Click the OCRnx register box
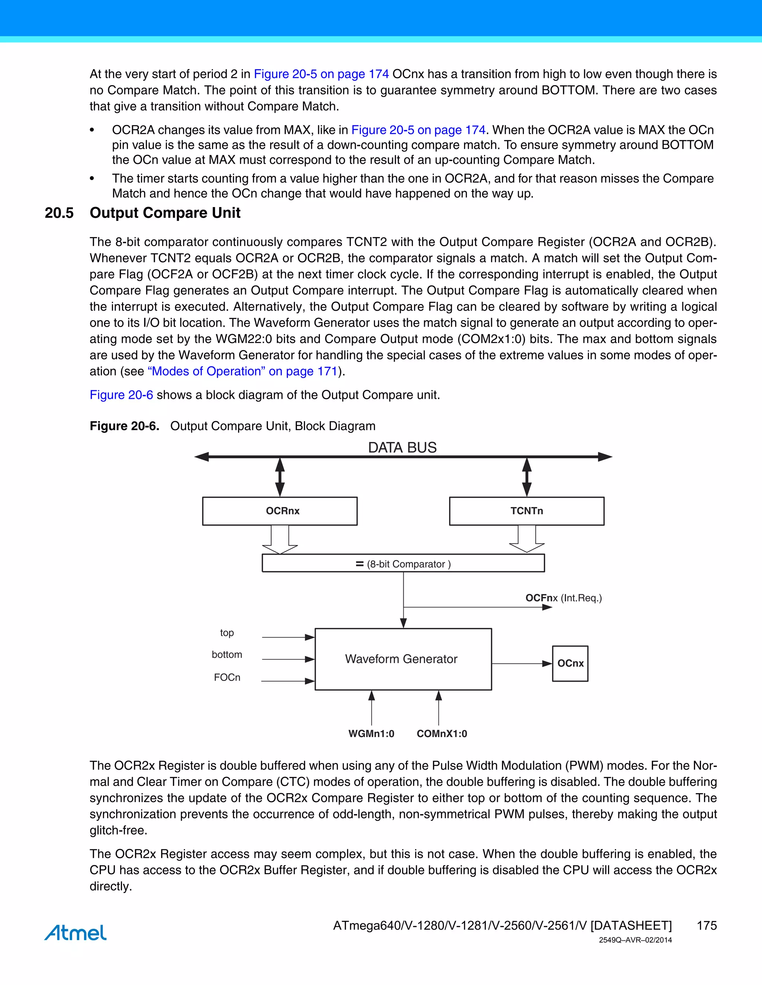[x=279, y=511]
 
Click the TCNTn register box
[x=526, y=511]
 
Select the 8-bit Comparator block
[x=403, y=563]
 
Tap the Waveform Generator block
[x=403, y=659]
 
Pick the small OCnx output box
[x=570, y=663]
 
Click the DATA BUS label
[x=402, y=448]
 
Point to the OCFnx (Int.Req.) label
[x=563, y=598]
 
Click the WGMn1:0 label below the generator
[x=371, y=734]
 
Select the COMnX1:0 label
[x=442, y=734]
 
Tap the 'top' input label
[x=227, y=633]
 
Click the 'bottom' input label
[x=227, y=655]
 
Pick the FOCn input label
[x=227, y=677]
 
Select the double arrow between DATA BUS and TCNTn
[x=526, y=477]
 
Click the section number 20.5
[x=59, y=213]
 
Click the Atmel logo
[x=76, y=932]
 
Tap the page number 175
[x=707, y=926]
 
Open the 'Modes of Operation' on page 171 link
[x=243, y=371]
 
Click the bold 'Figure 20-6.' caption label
[x=124, y=426]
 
